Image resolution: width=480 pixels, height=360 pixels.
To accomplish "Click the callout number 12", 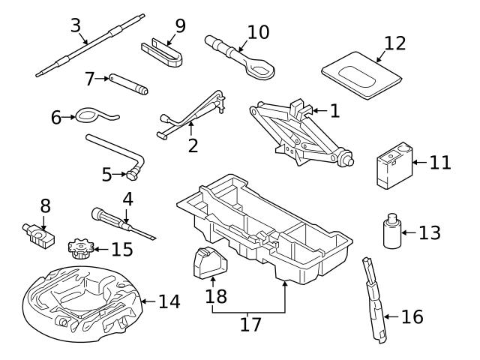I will pos(394,43).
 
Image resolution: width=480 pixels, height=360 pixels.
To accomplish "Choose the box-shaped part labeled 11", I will pos(392,167).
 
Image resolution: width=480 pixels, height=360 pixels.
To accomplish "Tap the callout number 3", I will pos(76,25).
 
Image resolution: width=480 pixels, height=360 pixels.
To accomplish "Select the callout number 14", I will pos(169,301).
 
